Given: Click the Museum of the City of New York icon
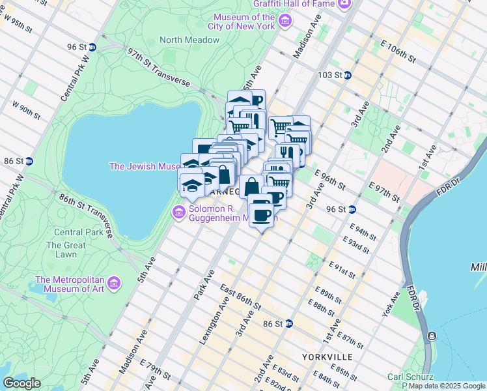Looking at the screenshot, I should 285,22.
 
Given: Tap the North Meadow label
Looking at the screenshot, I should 189,40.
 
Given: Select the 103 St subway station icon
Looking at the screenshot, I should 348,76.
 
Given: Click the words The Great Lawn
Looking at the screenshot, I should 66,250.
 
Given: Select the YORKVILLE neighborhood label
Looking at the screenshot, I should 327,357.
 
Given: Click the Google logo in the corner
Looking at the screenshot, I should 21,383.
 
